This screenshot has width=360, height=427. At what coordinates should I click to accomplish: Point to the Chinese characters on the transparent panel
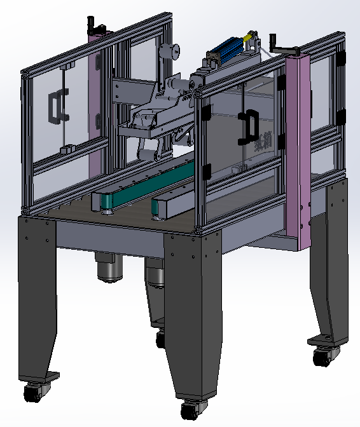pos(263,137)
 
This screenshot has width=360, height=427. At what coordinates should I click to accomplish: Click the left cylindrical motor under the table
pos(109,267)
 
